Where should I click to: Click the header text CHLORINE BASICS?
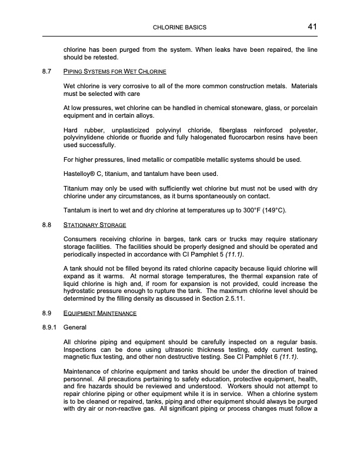[179, 28]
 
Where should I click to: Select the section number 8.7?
[46, 72]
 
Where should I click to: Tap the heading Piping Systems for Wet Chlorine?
[115, 72]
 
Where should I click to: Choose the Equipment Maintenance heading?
[99, 314]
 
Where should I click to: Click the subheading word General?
[75, 327]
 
